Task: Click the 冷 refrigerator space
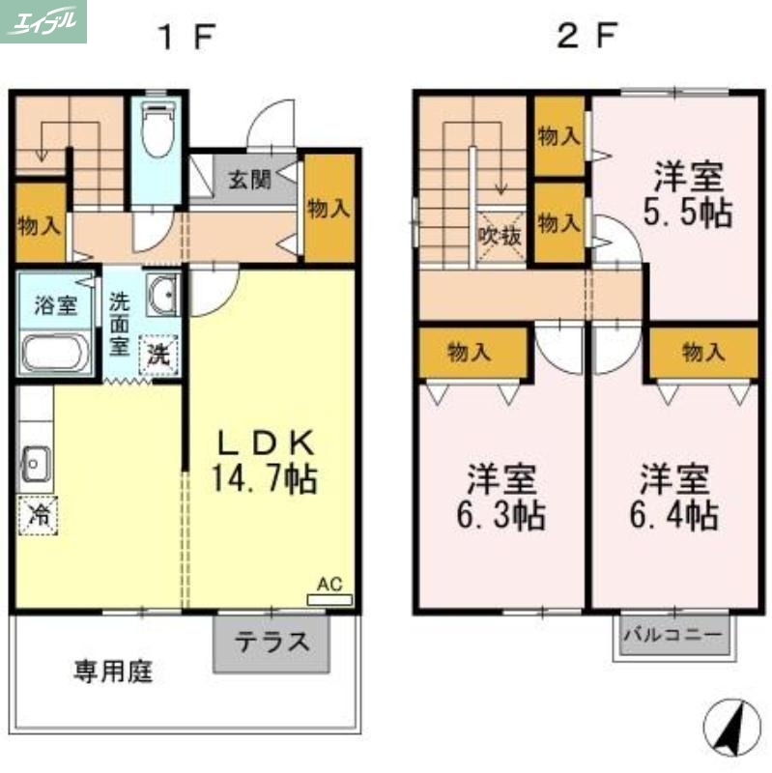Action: [x=39, y=514]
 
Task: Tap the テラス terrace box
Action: [x=272, y=643]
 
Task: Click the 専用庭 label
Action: [x=113, y=672]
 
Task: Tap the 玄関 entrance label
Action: [x=248, y=179]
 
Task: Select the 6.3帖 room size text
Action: [x=501, y=514]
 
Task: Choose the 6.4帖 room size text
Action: [x=673, y=514]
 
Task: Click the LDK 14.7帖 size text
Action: [x=265, y=479]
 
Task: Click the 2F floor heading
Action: [x=586, y=37]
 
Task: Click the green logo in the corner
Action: [x=43, y=21]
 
